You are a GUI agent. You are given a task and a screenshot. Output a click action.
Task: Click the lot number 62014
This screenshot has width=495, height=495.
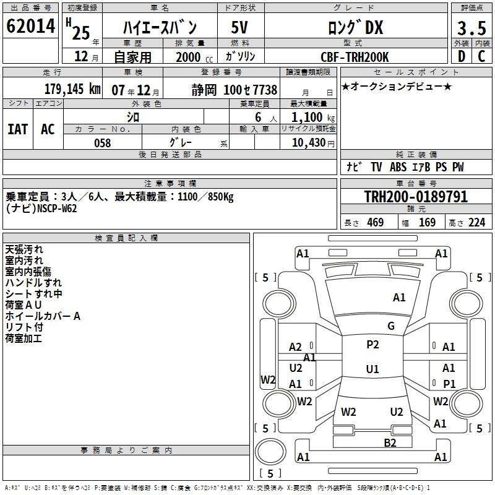[30, 26]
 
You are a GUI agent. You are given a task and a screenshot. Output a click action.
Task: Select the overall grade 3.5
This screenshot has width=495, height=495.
[471, 28]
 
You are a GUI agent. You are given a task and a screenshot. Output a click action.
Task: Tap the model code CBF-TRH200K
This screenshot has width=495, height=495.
[355, 57]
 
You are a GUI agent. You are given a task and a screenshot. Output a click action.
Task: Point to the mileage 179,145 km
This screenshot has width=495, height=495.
[72, 89]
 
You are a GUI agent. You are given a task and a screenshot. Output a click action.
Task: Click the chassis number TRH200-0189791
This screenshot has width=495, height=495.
[416, 197]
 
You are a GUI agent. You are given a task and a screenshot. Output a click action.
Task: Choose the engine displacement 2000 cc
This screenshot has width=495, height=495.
[194, 58]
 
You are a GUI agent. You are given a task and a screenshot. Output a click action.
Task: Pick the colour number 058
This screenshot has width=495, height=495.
[102, 143]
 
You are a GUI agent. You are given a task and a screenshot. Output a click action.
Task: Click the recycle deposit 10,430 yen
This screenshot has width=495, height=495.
[313, 143]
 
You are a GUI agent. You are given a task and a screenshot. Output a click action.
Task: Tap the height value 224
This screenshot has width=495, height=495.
[476, 222]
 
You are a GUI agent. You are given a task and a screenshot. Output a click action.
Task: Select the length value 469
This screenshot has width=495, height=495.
[375, 222]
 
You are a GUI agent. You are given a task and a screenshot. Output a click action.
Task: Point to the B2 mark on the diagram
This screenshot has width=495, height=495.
[390, 442]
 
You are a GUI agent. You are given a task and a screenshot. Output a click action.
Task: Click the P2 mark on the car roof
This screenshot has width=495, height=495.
[372, 345]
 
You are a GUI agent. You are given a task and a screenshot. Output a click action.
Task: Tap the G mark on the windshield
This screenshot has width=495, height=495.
[391, 326]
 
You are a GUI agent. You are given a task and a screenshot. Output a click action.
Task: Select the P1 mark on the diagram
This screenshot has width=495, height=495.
[449, 384]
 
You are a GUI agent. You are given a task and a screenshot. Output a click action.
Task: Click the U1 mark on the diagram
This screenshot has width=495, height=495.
[372, 369]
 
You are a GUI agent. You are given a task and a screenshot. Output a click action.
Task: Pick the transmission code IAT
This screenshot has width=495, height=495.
[17, 129]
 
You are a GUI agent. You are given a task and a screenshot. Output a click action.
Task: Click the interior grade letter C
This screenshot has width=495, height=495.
[481, 56]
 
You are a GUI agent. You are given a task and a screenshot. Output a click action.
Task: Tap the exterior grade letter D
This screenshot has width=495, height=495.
[462, 56]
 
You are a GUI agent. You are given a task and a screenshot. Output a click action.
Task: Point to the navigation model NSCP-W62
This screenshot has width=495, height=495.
[57, 209]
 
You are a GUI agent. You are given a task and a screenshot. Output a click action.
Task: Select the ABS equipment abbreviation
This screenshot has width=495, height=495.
[398, 167]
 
